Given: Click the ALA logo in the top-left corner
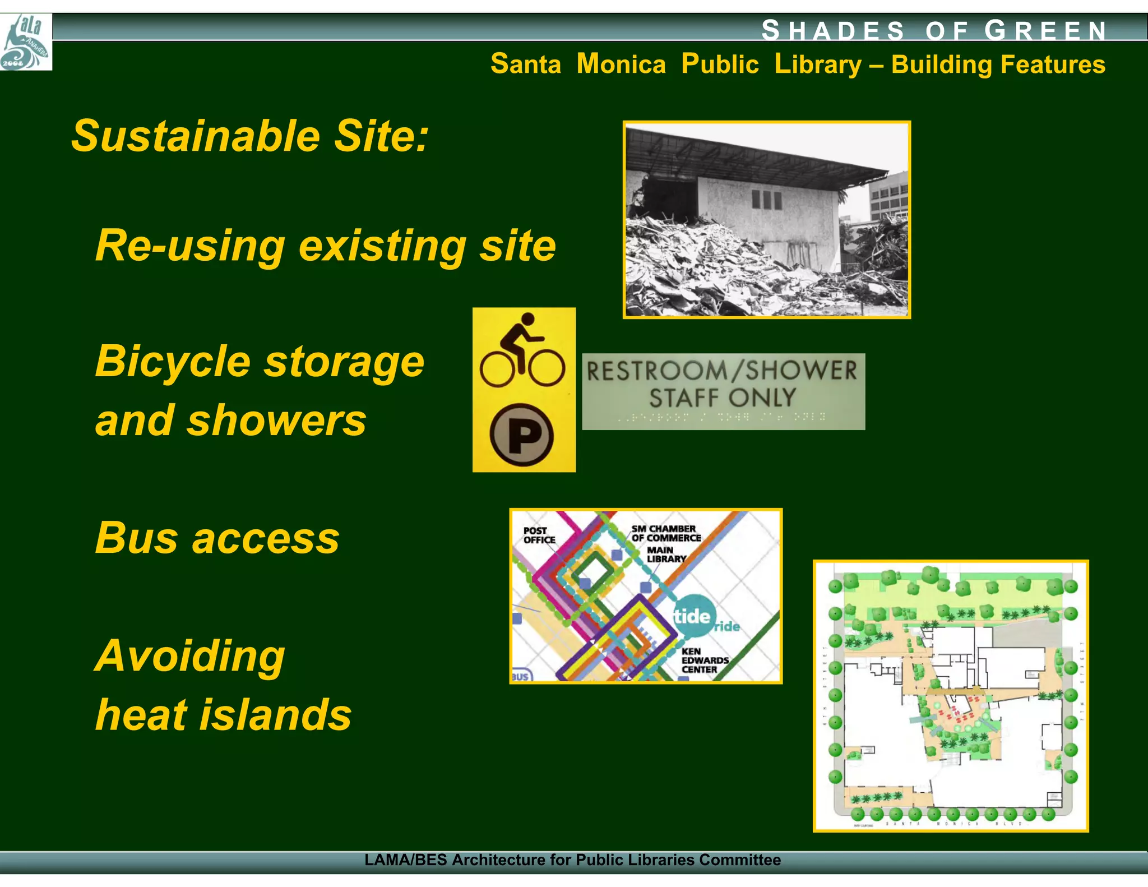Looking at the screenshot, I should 26,42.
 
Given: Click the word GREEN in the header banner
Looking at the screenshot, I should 1045,30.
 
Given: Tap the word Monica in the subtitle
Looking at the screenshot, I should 621,64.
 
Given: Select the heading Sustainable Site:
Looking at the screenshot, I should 250,136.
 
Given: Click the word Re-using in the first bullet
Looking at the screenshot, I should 191,246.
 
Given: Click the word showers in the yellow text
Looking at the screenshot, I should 276,421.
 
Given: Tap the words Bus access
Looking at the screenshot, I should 217,538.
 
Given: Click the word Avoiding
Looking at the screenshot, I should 191,655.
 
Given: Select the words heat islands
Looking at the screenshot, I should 223,715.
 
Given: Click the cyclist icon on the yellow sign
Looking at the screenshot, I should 522,352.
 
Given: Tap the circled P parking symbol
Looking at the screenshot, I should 522,435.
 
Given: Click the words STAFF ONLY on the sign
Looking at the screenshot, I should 723,398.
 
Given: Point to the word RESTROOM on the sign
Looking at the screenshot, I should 656,371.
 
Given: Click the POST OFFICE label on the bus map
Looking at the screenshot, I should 539,535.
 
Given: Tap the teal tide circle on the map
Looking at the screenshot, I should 693,616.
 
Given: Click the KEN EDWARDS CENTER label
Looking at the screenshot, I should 704,660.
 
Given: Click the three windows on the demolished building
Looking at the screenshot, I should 766,200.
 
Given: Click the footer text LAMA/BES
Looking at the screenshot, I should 405,860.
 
